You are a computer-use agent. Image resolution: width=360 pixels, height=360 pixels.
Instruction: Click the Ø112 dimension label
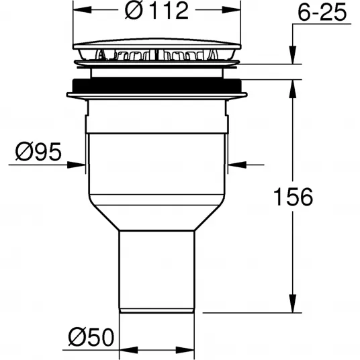pyautogui.click(x=156, y=10)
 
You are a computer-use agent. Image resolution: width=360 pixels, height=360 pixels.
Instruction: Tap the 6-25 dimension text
pyautogui.click(x=322, y=12)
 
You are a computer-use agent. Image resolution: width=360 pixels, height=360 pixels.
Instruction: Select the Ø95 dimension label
pyautogui.click(x=38, y=151)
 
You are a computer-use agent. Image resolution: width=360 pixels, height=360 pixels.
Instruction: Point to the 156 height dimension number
pyautogui.click(x=294, y=197)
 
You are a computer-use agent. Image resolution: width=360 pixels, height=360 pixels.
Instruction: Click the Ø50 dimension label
pyautogui.click(x=91, y=337)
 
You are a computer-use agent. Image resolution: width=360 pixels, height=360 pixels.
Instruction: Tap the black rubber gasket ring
pyautogui.click(x=156, y=85)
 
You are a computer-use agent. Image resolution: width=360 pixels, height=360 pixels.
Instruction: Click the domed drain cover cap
pyautogui.click(x=156, y=44)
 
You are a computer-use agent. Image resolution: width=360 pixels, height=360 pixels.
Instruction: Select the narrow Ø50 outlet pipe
pyautogui.click(x=156, y=271)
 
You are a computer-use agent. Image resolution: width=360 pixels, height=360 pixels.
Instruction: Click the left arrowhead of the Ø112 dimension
pyautogui.click(x=82, y=10)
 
